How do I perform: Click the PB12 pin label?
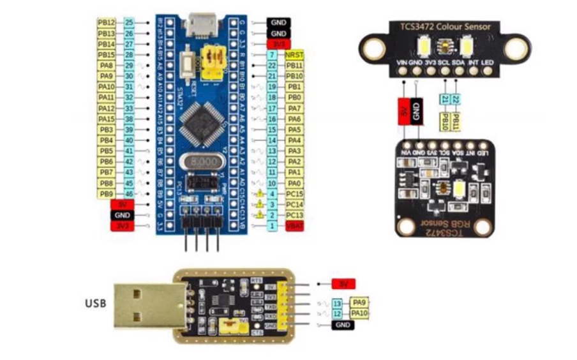[x=106, y=22]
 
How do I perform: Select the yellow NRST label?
[x=294, y=56]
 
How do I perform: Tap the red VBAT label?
[x=294, y=226]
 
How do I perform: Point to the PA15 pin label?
[x=106, y=119]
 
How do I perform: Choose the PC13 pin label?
[x=294, y=215]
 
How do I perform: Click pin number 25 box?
[x=129, y=22]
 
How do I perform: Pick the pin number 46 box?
[x=129, y=193]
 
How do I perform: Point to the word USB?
[x=96, y=303]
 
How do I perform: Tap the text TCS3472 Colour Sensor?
[x=445, y=26]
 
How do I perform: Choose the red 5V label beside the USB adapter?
[x=343, y=283]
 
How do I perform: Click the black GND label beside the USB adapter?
[x=343, y=326]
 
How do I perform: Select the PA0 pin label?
[x=294, y=183]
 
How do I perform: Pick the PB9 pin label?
[x=106, y=193]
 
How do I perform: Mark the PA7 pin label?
[x=294, y=109]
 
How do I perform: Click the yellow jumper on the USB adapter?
[x=227, y=327]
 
